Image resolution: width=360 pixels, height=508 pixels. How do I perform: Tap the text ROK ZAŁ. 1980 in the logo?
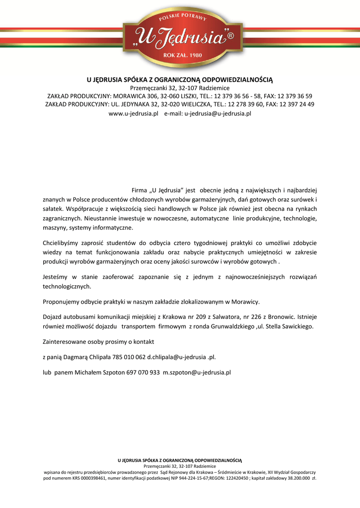(183, 55)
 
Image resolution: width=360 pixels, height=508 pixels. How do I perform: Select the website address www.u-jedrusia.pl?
(133, 114)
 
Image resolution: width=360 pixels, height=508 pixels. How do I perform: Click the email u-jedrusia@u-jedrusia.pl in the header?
(218, 114)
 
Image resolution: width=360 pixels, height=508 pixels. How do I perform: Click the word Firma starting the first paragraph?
(140, 190)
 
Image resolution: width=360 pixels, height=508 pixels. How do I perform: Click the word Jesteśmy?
(57, 277)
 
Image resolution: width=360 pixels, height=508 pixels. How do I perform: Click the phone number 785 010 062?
(129, 357)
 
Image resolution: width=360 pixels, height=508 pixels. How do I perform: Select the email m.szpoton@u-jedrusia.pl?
(197, 372)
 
